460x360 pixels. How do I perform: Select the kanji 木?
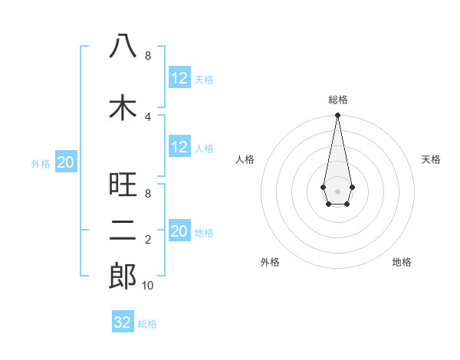coord(123,107)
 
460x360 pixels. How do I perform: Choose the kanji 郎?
coord(123,277)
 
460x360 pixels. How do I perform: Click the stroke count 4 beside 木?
coord(148,116)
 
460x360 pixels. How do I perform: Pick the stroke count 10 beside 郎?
coord(148,286)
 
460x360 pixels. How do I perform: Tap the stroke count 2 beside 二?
coord(148,240)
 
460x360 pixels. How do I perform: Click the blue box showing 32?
coord(123,322)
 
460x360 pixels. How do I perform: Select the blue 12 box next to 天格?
coord(179,78)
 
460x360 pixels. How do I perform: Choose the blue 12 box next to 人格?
coord(179,147)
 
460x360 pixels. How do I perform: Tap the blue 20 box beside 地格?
coord(179,231)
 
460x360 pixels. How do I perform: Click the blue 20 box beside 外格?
coord(66,162)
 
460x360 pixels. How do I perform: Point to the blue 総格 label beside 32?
coord(147,324)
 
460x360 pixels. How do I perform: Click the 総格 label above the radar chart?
coord(337,100)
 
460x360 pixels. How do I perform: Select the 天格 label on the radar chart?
coord(432,159)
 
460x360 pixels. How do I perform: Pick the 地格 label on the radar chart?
coord(402,263)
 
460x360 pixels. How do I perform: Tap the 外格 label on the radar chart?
coord(270,263)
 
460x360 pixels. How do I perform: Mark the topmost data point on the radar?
coord(337,115)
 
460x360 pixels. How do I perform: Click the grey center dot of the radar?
coord(337,191)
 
